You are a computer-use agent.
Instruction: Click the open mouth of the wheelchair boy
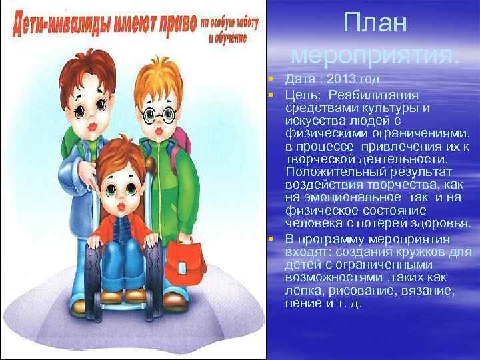point(121,205)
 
